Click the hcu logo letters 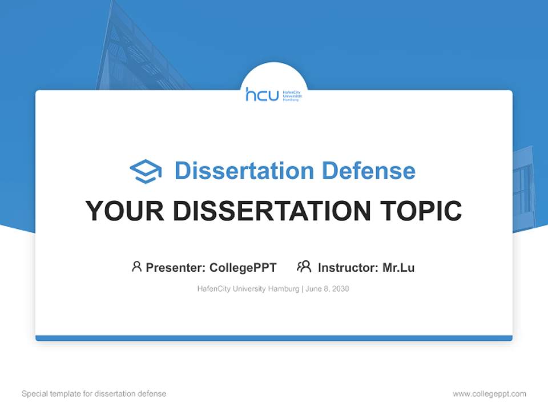(262, 94)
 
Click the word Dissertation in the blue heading (244, 171)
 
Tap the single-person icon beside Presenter (136, 267)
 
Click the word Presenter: (175, 267)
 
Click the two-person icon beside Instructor (304, 267)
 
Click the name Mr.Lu (398, 267)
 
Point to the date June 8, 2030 (327, 289)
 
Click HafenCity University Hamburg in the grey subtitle (248, 289)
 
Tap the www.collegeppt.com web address (489, 394)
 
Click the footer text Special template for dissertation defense (94, 394)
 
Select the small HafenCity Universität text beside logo (292, 95)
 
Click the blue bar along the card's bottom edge (274, 338)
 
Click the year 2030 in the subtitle (340, 289)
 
